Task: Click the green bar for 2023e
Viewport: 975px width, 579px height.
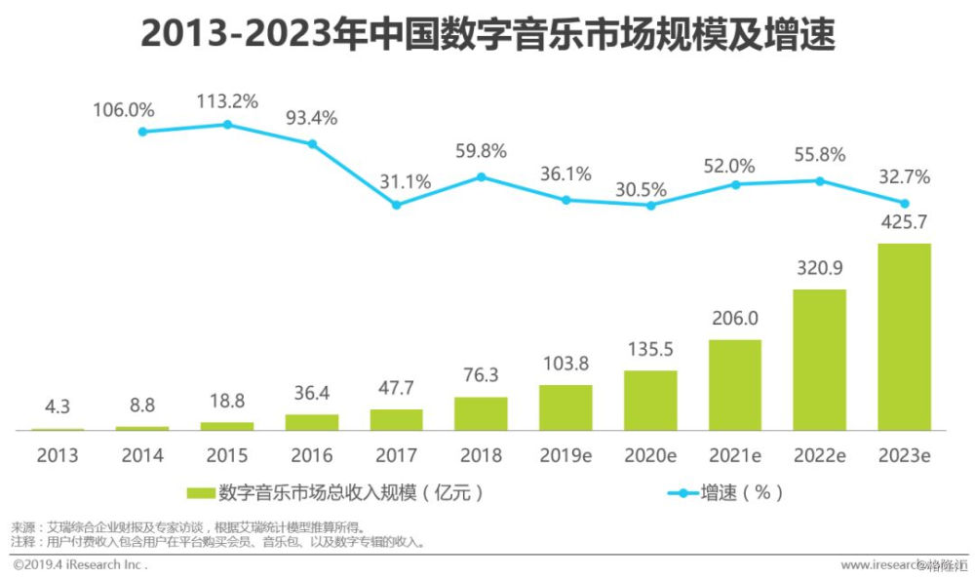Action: (904, 336)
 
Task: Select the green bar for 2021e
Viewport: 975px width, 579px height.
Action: (734, 385)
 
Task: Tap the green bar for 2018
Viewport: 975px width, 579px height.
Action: (481, 413)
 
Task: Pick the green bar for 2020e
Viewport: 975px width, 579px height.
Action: (650, 401)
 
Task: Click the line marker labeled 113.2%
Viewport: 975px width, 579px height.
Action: (227, 125)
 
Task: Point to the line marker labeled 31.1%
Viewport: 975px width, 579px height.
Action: (396, 205)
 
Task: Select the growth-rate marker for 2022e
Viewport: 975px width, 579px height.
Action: (820, 180)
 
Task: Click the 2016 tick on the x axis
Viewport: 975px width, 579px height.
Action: (311, 455)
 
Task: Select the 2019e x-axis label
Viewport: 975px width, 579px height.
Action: (565, 455)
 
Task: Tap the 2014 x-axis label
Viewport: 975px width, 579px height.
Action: (142, 455)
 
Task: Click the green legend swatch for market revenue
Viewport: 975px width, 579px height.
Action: (200, 493)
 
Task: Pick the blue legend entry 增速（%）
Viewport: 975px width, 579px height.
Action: (725, 493)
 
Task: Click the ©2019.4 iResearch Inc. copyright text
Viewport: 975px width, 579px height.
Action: (80, 564)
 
